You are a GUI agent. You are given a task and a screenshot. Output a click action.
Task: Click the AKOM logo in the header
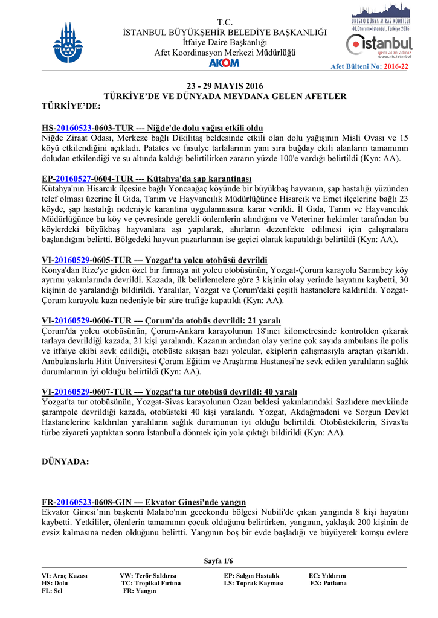tap(224, 63)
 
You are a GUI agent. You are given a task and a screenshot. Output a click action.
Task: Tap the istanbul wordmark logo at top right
tap(380, 44)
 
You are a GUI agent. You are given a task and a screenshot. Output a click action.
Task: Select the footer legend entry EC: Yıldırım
tap(327, 576)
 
